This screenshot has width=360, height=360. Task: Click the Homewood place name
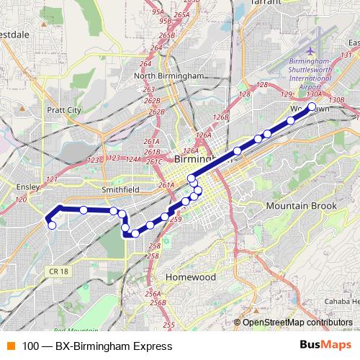click(191, 276)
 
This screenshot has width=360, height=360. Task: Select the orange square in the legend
click(11, 346)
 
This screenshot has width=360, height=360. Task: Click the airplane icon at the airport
click(310, 52)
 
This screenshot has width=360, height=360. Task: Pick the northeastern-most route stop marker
click(312, 107)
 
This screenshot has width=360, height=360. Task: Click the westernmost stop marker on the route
click(52, 225)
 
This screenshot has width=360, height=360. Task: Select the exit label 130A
click(314, 94)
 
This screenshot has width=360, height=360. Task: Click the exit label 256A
click(152, 294)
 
